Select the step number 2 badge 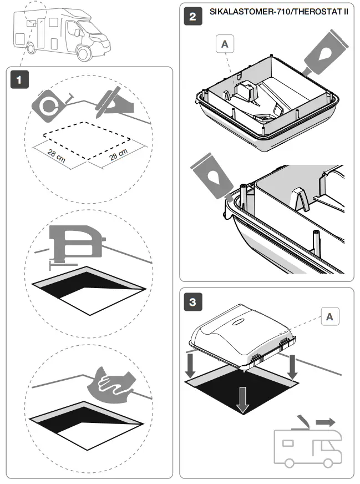tap(192, 16)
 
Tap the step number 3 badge tap(192, 302)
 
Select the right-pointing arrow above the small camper tap(325, 422)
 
